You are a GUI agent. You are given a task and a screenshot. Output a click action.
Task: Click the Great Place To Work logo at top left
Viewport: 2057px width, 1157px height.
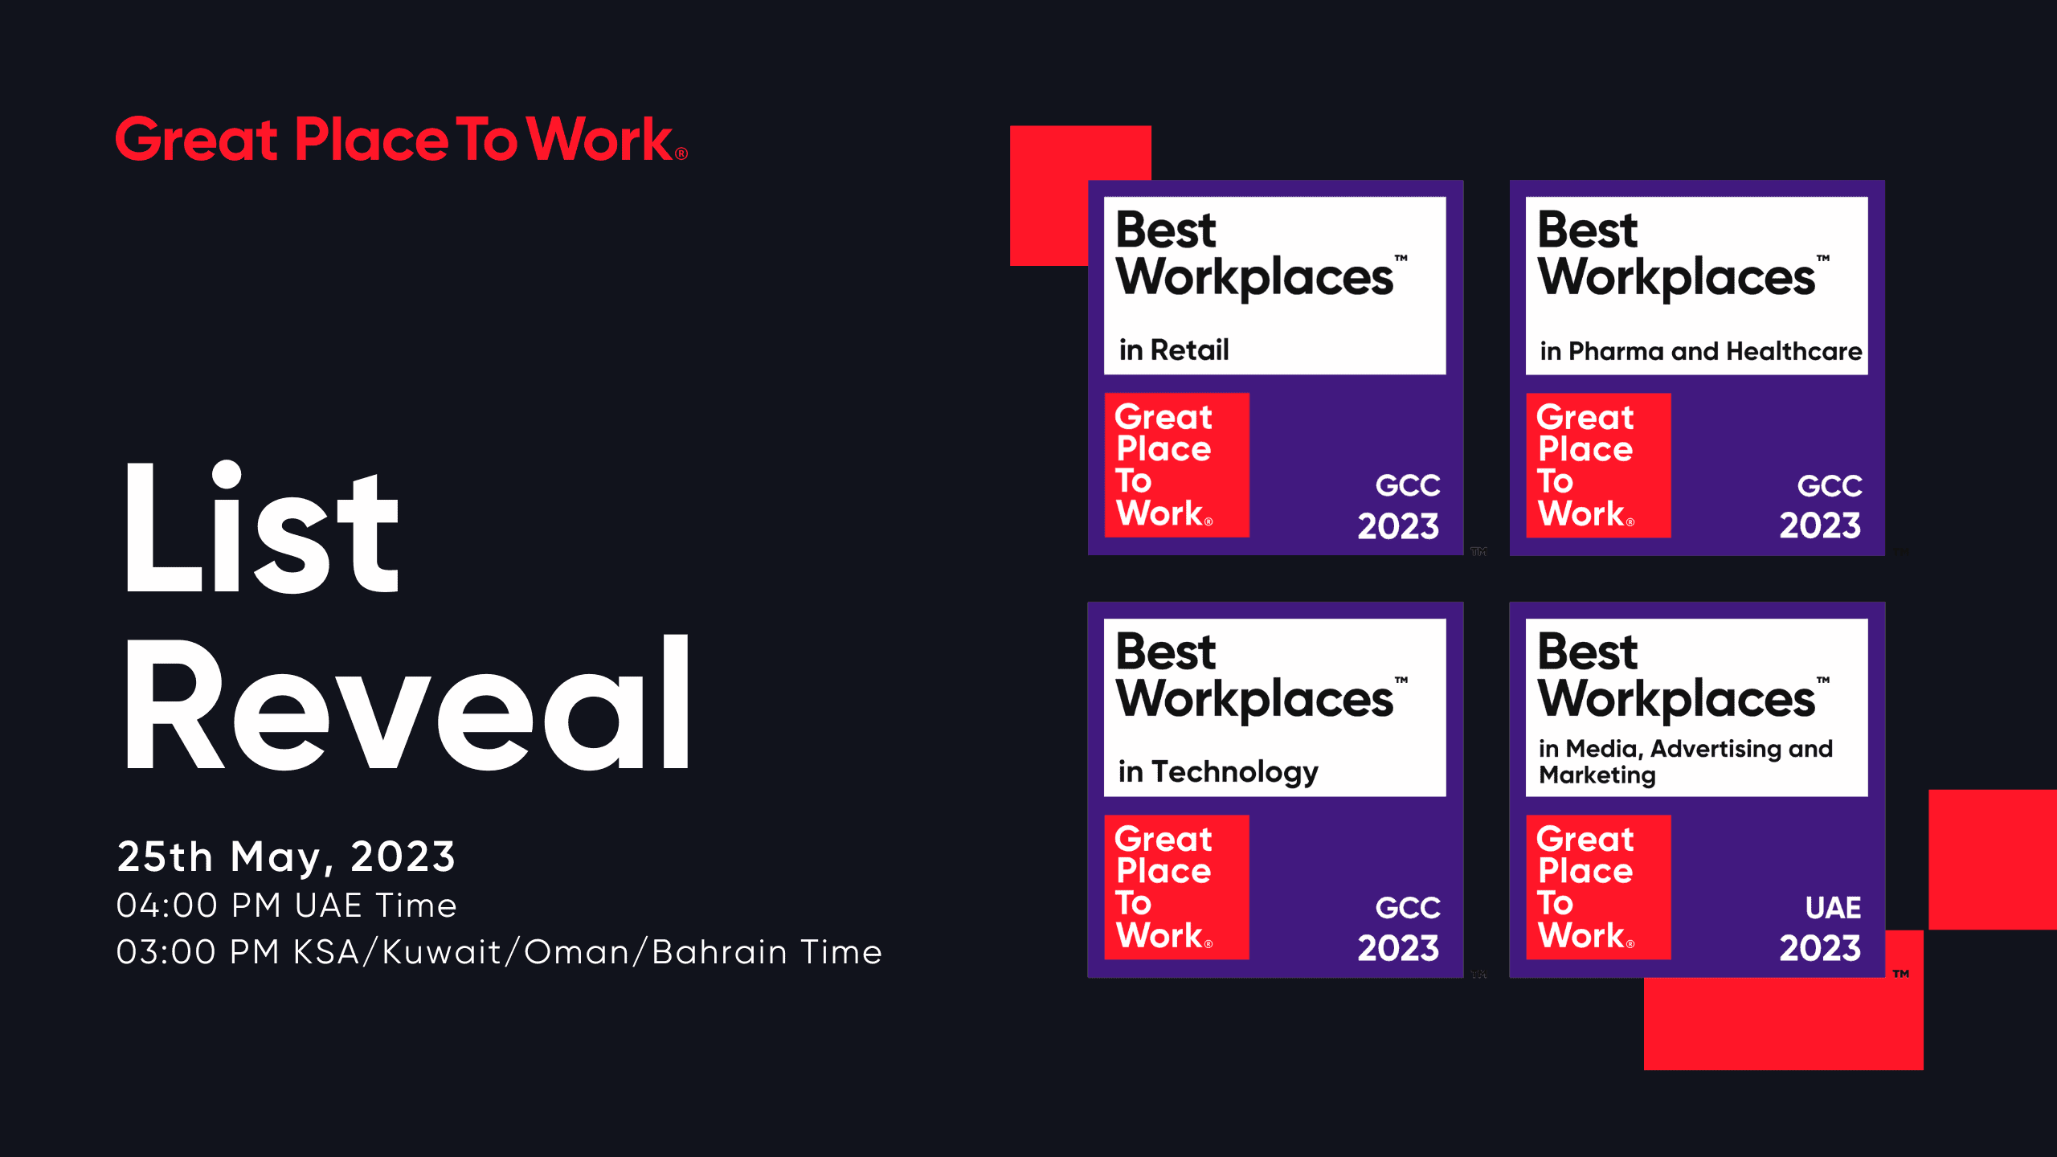tap(401, 138)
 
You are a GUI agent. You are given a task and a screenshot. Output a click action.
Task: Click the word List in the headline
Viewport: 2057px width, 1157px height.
tap(261, 526)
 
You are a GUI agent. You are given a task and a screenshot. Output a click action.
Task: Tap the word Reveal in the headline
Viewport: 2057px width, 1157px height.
tap(407, 702)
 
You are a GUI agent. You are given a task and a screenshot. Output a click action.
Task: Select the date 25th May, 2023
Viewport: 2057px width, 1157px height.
tap(286, 857)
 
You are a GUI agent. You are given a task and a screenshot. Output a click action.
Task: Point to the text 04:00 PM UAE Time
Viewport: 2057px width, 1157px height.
tap(286, 906)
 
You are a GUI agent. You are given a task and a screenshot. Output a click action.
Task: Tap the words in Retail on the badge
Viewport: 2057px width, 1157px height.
tap(1174, 350)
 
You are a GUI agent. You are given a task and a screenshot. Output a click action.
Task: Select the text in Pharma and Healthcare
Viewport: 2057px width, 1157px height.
tap(1700, 351)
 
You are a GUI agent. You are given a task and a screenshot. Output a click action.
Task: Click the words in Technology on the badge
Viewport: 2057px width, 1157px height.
tap(1218, 772)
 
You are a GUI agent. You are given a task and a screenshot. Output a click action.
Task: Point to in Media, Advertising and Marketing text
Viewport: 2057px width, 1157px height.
tap(1686, 761)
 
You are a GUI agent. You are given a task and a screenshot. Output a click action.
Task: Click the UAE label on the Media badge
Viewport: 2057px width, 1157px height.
tap(1833, 907)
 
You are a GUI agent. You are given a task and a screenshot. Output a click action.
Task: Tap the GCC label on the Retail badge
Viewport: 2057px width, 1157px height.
tap(1408, 485)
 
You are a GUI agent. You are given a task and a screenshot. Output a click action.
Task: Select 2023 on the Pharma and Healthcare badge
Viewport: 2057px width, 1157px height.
tap(1820, 525)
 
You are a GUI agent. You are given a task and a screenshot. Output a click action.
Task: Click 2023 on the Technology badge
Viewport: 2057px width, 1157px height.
tap(1398, 948)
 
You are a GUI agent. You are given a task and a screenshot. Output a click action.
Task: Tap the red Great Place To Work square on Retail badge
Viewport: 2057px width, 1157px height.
tap(1177, 465)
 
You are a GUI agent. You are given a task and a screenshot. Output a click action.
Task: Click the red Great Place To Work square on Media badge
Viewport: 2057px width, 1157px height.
tap(1598, 887)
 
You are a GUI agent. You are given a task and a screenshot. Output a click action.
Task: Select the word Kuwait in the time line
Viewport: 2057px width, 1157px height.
tap(442, 952)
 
